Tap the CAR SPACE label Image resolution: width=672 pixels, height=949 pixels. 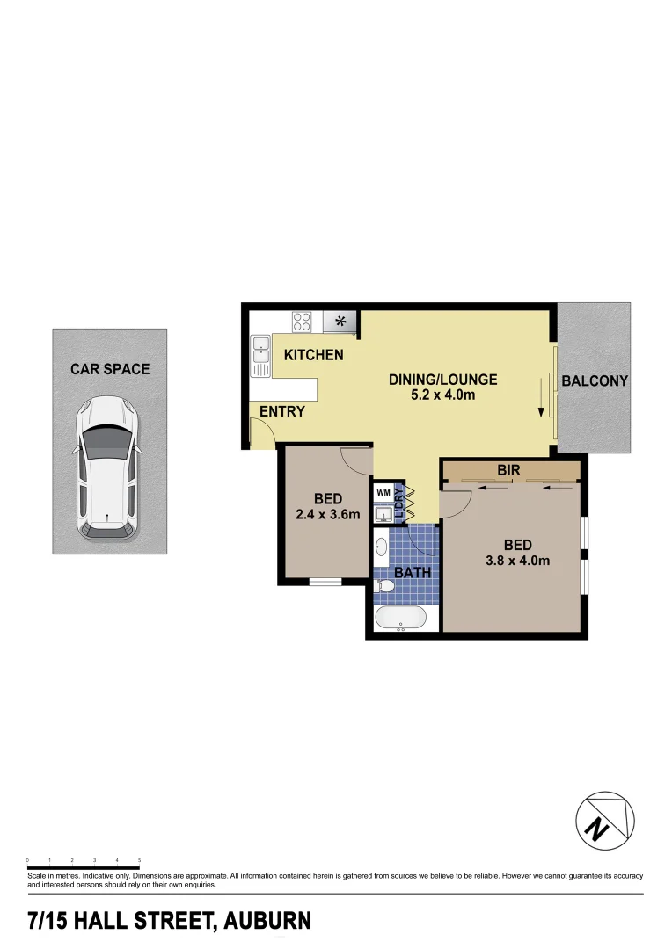pos(110,369)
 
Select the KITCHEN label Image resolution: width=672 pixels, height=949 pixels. pos(313,355)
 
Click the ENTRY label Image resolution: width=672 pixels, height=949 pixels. pos(281,411)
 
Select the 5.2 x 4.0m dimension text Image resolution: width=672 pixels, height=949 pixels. pos(443,395)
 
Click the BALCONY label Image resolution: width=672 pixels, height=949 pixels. pos(595,381)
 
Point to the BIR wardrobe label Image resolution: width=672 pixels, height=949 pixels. pos(508,471)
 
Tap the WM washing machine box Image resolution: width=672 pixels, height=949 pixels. pos(383,493)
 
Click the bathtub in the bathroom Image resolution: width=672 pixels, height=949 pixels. pos(401,618)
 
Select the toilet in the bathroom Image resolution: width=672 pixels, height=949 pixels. pos(385,584)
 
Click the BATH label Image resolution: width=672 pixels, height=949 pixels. pos(413,573)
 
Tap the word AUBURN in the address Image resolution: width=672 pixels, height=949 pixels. pos(267,922)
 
